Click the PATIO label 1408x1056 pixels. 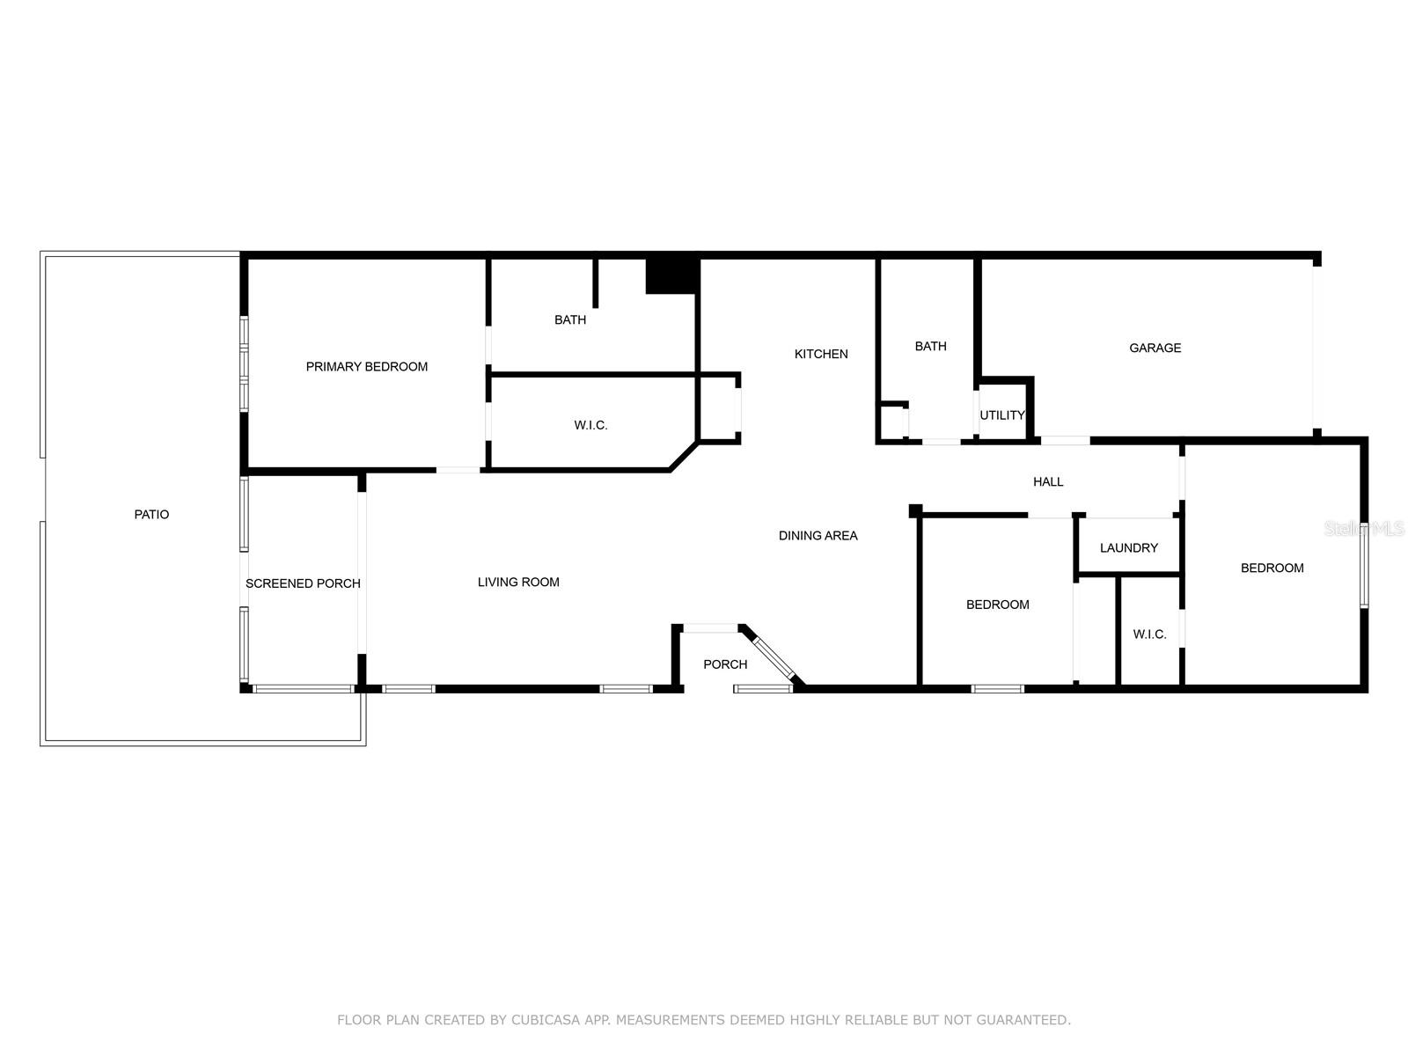point(151,514)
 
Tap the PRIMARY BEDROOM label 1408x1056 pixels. point(366,367)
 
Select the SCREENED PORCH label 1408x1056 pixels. point(303,583)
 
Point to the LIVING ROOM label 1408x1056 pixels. point(518,583)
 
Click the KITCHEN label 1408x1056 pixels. point(821,354)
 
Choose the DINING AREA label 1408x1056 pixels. point(818,535)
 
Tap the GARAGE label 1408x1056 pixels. point(1155,348)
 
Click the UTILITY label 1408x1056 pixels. point(1002,415)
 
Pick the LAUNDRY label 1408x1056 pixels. point(1129,548)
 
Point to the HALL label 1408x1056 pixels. point(1048,482)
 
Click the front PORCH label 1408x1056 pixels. point(725,665)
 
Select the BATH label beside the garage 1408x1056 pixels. point(931,346)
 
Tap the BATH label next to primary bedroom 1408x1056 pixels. point(570,320)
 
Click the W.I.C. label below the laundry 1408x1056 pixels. point(1149,634)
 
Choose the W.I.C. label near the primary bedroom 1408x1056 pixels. point(590,426)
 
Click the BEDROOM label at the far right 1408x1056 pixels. point(1272,568)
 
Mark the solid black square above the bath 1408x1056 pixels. point(671,276)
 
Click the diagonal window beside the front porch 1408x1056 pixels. point(774,657)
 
